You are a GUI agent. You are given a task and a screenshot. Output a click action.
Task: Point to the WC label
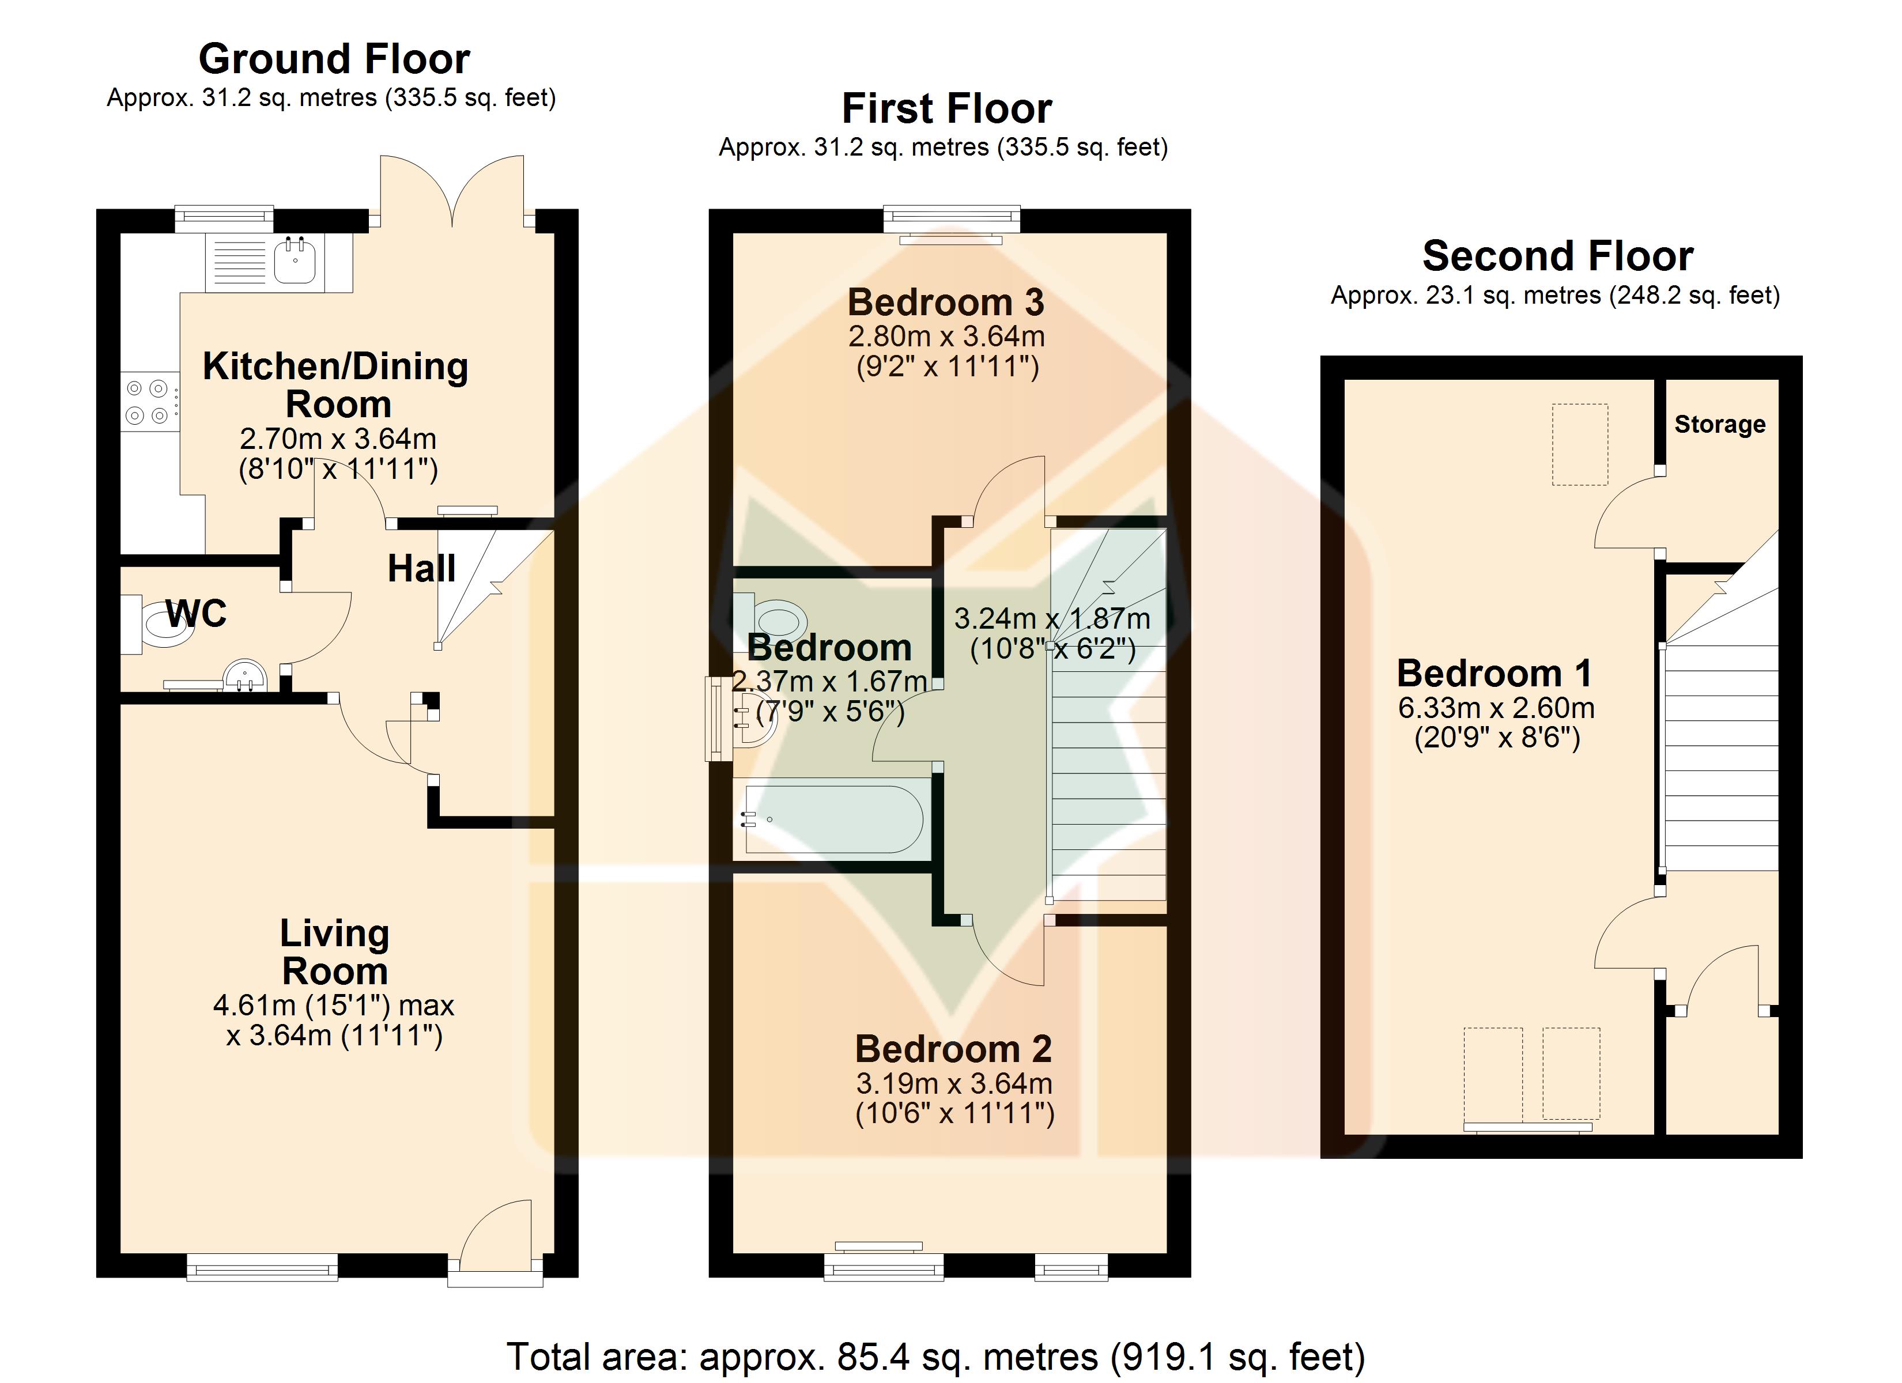196,614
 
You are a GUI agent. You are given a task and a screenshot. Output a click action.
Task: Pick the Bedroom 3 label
946,302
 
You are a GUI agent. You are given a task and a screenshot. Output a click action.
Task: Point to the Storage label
1720,424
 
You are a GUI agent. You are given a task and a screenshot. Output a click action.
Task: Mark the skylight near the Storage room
1580,444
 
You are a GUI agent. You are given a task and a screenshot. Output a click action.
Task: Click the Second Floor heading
1558,256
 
